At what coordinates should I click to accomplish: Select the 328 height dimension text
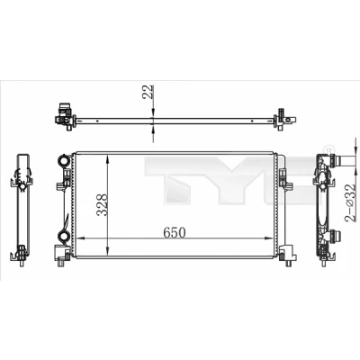pos(103,205)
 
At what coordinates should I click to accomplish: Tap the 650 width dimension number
pos(175,232)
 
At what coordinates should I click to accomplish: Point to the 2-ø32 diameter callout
pos(350,203)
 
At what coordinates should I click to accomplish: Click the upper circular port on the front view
pos(64,160)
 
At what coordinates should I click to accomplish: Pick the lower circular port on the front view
pos(64,235)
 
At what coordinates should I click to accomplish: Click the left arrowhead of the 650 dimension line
pos(80,238)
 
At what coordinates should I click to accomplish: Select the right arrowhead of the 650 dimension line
pos(268,238)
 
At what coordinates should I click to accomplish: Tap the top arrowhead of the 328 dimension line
pos(107,159)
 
